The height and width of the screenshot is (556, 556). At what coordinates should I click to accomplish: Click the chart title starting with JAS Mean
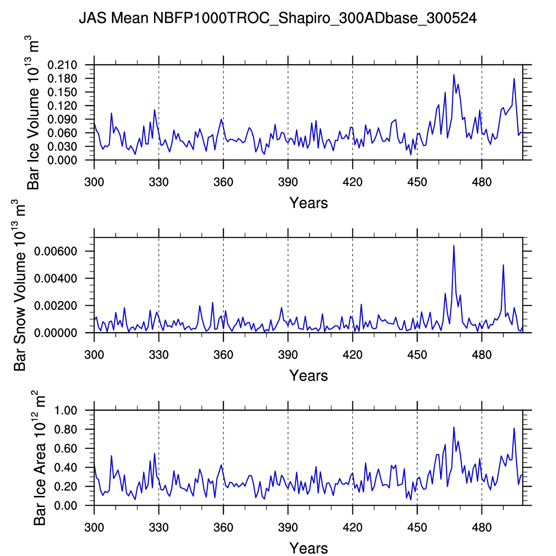click(278, 19)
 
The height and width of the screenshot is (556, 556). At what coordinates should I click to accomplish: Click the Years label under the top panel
click(309, 203)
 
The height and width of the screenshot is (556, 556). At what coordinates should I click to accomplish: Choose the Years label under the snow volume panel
click(309, 375)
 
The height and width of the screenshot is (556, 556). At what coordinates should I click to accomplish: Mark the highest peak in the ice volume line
click(454, 74)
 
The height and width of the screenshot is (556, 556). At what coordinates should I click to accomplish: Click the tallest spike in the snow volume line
click(454, 245)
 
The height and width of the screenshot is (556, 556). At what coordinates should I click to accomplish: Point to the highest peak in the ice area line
click(454, 427)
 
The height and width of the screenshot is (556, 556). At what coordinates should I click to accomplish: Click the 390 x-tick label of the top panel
click(288, 182)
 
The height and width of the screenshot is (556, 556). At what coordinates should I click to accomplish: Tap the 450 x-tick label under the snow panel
click(417, 355)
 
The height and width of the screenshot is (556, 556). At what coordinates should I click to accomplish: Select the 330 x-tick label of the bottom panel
click(159, 528)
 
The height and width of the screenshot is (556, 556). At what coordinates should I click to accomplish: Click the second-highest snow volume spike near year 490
click(503, 265)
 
